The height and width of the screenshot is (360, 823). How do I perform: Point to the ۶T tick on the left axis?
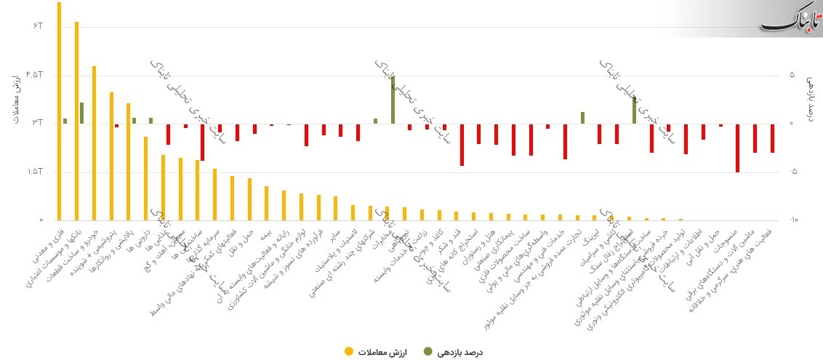point(39,26)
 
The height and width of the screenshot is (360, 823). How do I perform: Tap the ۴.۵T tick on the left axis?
point(35,75)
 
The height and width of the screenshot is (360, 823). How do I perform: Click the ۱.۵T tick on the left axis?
point(35,172)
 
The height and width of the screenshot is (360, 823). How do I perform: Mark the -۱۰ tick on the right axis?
point(793,220)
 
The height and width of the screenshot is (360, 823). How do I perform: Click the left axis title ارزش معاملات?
point(15,99)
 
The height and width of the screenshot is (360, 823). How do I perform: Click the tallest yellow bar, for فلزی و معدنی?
point(60,109)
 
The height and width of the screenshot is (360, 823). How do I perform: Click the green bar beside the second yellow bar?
point(81,113)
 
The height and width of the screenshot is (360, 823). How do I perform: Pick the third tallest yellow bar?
point(94,143)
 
